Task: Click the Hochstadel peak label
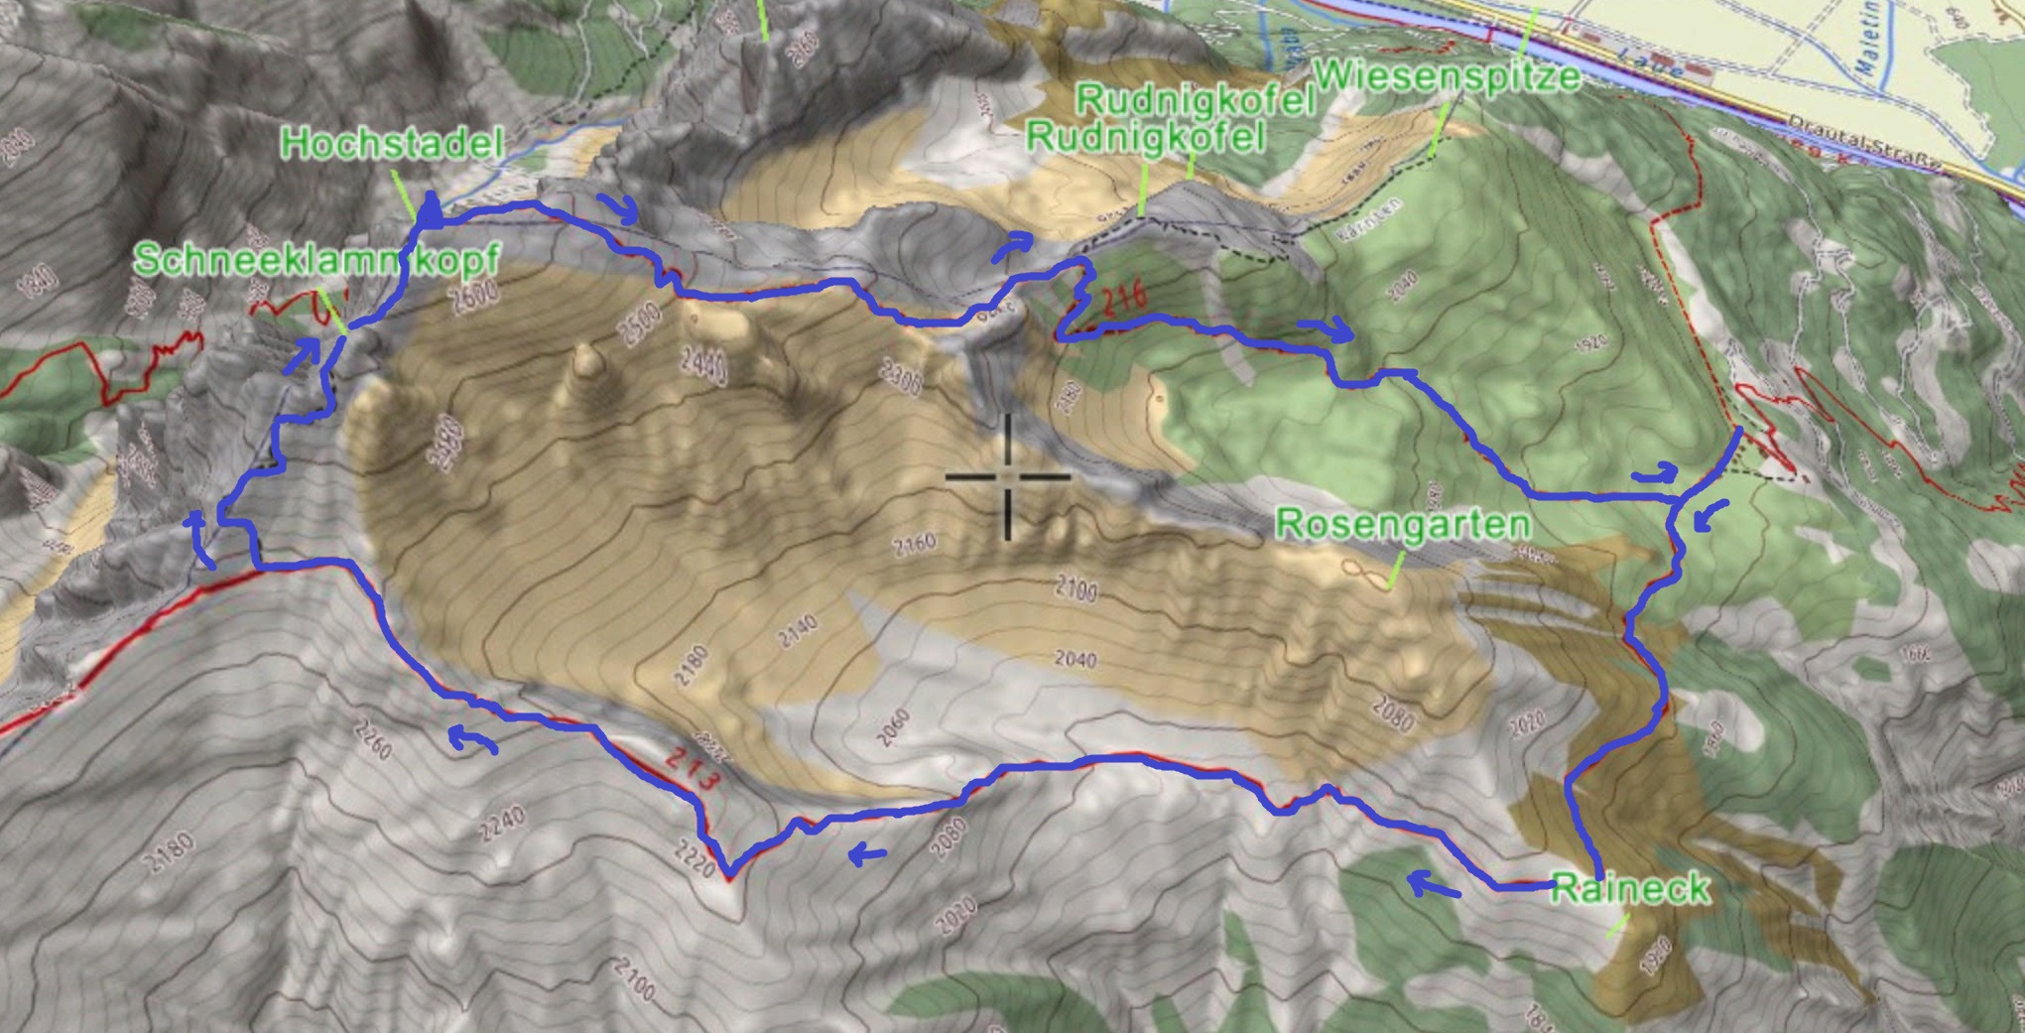(392, 144)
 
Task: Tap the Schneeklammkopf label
(316, 260)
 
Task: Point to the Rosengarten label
(1402, 524)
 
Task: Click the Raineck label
(1630, 887)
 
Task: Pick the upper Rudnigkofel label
(1195, 99)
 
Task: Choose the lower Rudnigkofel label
(1145, 136)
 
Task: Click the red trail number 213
(691, 770)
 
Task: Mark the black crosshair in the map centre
(1008, 477)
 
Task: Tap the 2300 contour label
(902, 377)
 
